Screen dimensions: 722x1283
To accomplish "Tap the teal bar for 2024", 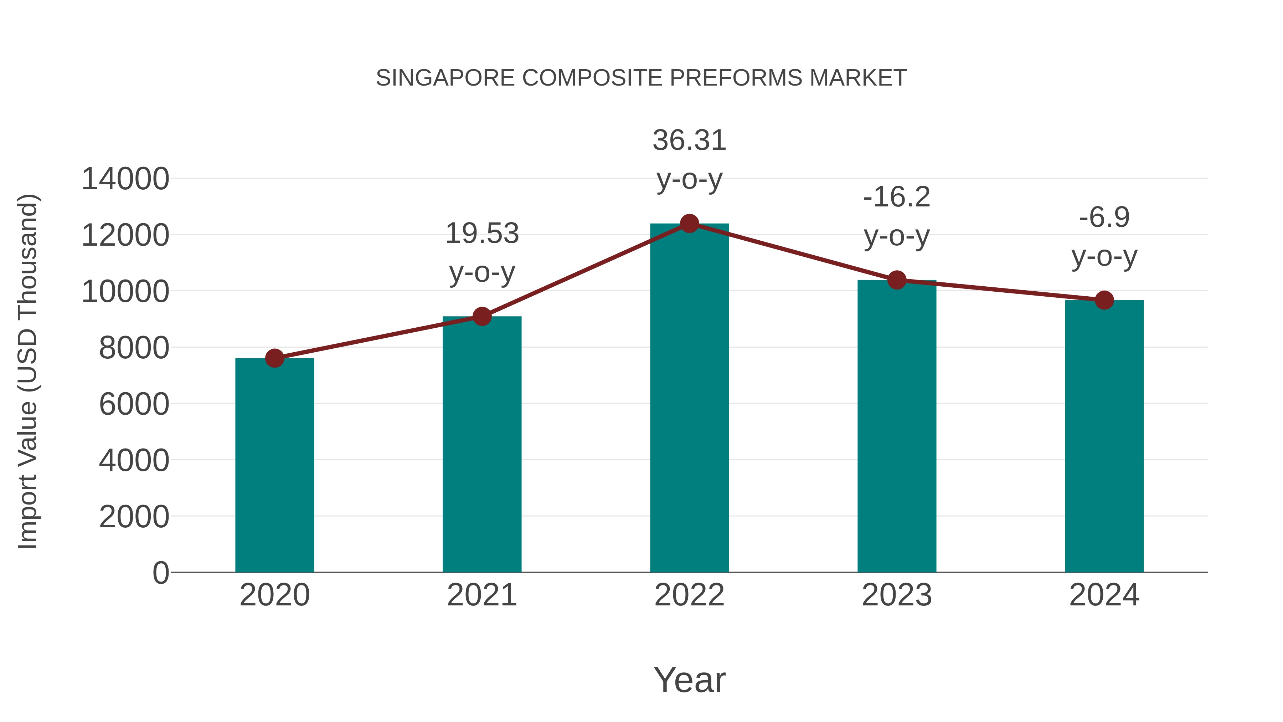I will (1104, 439).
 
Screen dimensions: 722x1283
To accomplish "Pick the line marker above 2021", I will (481, 316).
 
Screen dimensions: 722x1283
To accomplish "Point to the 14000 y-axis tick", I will (125, 179).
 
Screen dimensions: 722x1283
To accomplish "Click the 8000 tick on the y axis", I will (134, 348).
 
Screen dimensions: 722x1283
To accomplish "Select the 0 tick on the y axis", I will (160, 573).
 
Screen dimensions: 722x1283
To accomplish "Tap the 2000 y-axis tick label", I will (134, 517).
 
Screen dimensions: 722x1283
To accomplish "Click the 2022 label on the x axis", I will (689, 595).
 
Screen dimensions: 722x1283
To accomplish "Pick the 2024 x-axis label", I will (1104, 595).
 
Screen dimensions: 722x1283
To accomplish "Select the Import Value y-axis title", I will (27, 371).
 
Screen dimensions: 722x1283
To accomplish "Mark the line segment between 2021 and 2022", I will (585, 270).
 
